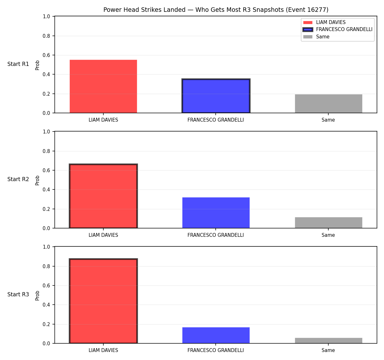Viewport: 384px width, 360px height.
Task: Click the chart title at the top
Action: (x=216, y=10)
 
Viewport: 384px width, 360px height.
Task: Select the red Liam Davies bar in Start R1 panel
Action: (x=103, y=86)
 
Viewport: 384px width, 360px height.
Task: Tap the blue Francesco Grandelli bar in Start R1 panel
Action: (x=216, y=96)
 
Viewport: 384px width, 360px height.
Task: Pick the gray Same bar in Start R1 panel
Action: (x=328, y=103)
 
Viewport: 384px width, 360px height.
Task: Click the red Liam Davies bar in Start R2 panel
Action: (x=103, y=196)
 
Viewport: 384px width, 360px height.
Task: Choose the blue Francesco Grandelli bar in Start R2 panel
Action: (x=216, y=213)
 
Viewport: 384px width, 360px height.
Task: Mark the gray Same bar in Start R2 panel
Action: (x=328, y=223)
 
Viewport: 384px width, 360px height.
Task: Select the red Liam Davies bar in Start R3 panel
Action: (x=103, y=301)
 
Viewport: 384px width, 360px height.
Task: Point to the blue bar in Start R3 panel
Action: (x=216, y=335)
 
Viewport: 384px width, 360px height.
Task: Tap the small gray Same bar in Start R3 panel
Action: (x=328, y=341)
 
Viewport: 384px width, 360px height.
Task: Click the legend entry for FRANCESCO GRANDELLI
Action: (x=337, y=29)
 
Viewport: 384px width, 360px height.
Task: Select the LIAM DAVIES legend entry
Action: (x=324, y=22)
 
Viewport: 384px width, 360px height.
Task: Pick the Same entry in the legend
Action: (x=316, y=37)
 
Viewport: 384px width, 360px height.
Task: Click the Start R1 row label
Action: (x=18, y=64)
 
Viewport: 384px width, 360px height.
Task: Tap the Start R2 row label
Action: (x=18, y=179)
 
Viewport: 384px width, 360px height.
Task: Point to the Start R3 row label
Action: (x=18, y=294)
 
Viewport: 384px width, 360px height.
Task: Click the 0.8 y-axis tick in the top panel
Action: (x=46, y=36)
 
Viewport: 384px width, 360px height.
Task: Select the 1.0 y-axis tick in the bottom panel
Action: (x=46, y=247)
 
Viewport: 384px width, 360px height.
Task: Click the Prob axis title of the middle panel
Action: (x=37, y=180)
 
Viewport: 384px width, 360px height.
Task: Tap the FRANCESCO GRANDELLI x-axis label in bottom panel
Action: (x=216, y=350)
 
